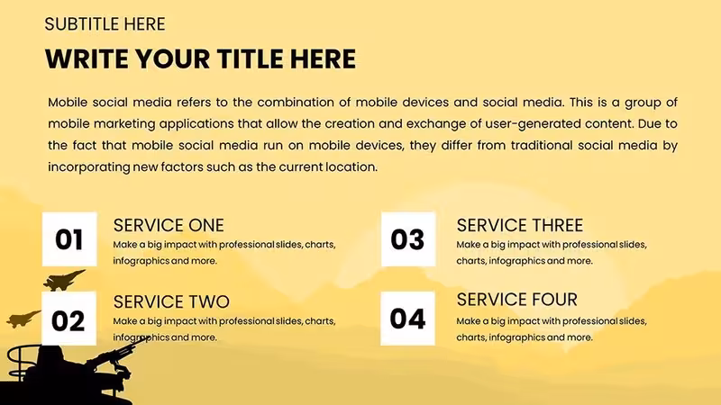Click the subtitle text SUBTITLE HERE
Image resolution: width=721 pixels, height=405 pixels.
(x=105, y=24)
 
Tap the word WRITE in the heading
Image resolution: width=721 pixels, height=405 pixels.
(x=87, y=59)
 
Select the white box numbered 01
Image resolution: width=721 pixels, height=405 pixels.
(x=69, y=239)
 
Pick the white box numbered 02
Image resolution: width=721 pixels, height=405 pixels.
(x=69, y=319)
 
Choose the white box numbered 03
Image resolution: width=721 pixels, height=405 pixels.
(x=408, y=239)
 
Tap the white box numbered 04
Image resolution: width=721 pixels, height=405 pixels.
(x=408, y=319)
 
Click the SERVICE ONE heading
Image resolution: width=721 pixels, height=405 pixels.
(x=169, y=226)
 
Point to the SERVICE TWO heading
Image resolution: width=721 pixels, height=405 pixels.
(x=171, y=302)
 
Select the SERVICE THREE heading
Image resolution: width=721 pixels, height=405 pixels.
(x=520, y=226)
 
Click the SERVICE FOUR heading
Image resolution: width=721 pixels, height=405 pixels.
(x=516, y=300)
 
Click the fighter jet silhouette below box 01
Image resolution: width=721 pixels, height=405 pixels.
(x=63, y=280)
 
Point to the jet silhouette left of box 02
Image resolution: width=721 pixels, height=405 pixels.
(x=23, y=319)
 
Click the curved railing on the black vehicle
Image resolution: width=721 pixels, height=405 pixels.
(x=18, y=362)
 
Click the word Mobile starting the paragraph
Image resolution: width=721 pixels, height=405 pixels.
(x=68, y=102)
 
